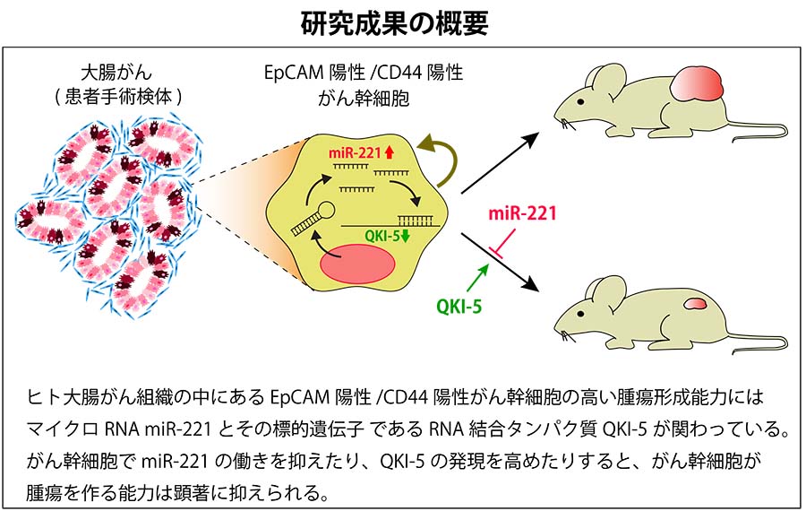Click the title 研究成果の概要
pyautogui.click(x=402, y=22)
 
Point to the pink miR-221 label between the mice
pyautogui.click(x=522, y=213)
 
